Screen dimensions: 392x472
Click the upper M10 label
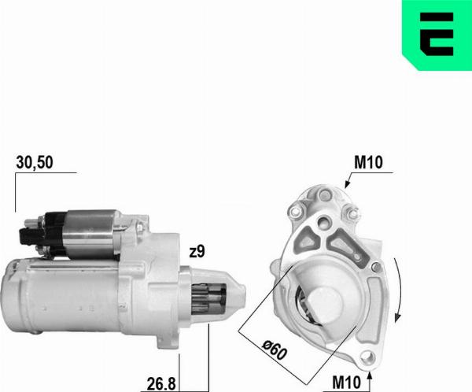click(x=368, y=163)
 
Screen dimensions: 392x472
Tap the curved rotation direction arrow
click(x=400, y=291)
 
